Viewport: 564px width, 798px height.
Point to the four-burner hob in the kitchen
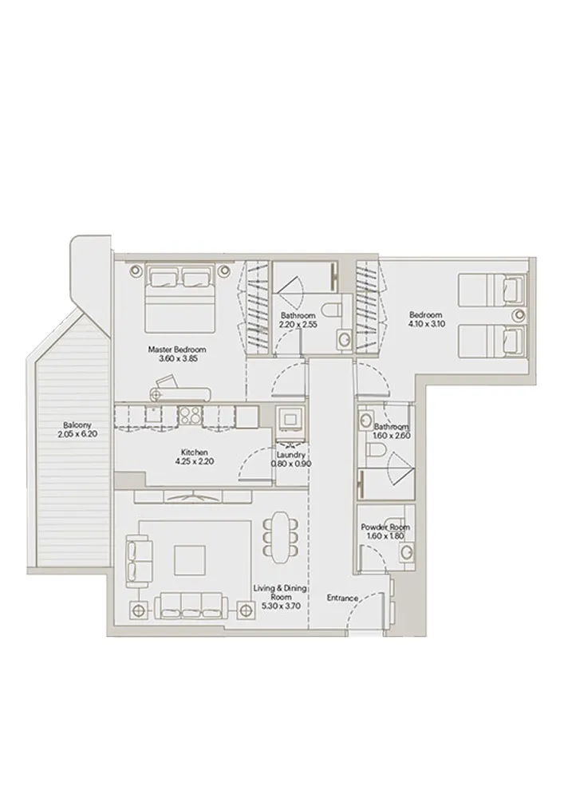click(190, 415)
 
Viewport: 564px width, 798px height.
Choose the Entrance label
click(342, 597)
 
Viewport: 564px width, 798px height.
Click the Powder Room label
click(385, 527)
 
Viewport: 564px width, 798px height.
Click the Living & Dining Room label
click(274, 592)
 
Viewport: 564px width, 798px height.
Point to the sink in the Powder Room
click(407, 550)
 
